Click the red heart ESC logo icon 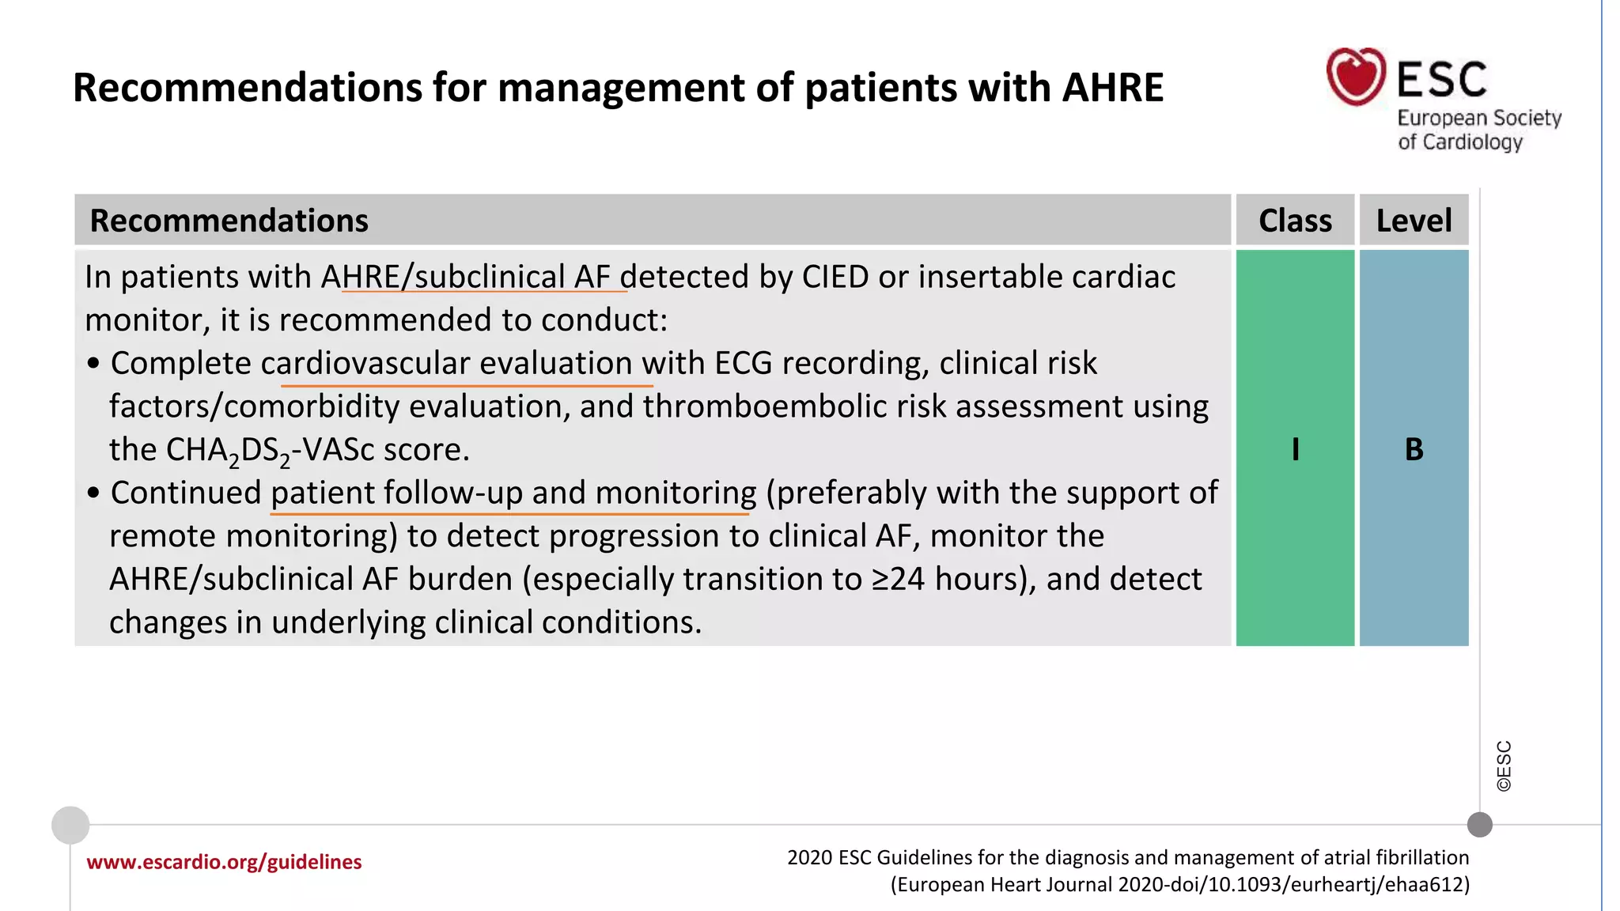tap(1356, 76)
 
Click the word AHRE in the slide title tap(1112, 87)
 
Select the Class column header tap(1295, 220)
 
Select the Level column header tap(1414, 220)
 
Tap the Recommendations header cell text tap(229, 220)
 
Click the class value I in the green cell tap(1295, 449)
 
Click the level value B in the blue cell tap(1414, 449)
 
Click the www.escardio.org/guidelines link tap(224, 862)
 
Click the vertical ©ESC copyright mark tap(1504, 765)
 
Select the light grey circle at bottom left tap(70, 825)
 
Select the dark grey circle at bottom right tap(1479, 825)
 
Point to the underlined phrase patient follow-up tap(396, 493)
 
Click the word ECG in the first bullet tap(743, 364)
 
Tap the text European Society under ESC tap(1479, 118)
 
